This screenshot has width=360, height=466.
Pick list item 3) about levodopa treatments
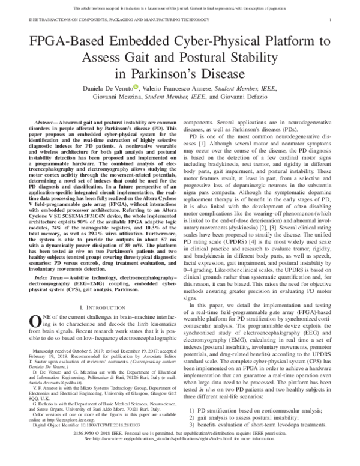pyautogui.click(x=259, y=425)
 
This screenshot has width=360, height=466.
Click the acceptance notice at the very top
pyautogui.click(x=180, y=5)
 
